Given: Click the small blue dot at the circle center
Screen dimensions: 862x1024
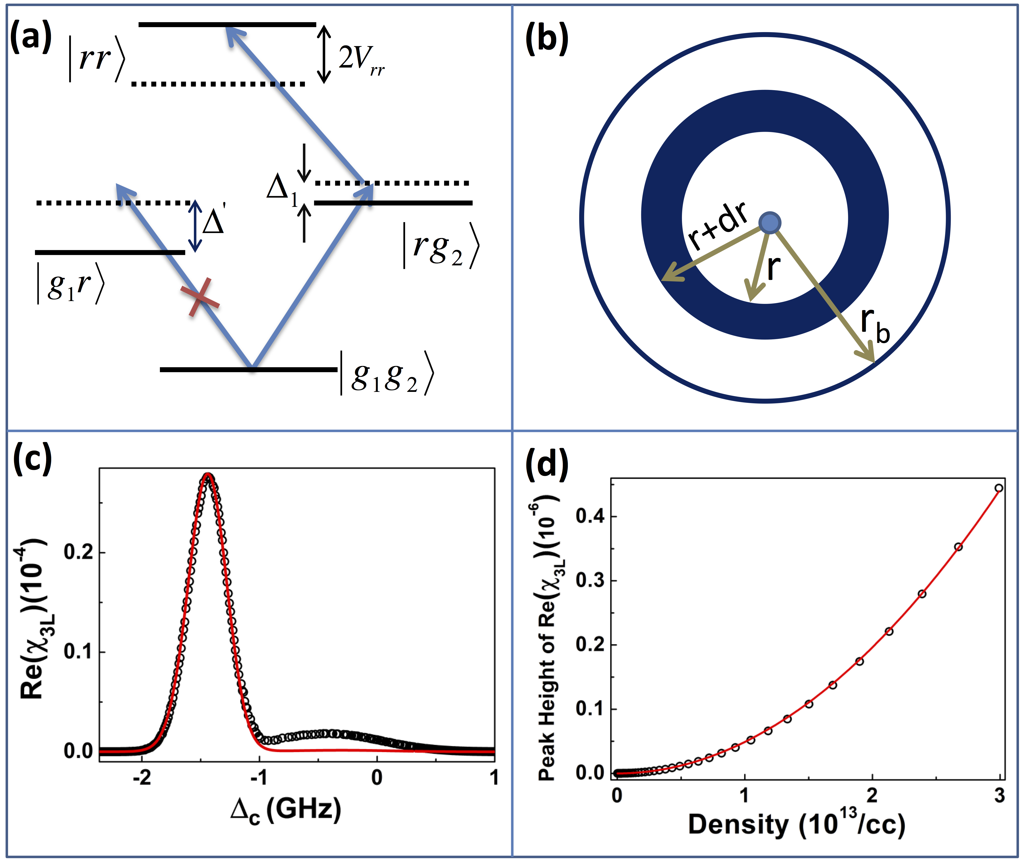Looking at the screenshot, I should click(x=769, y=223).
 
